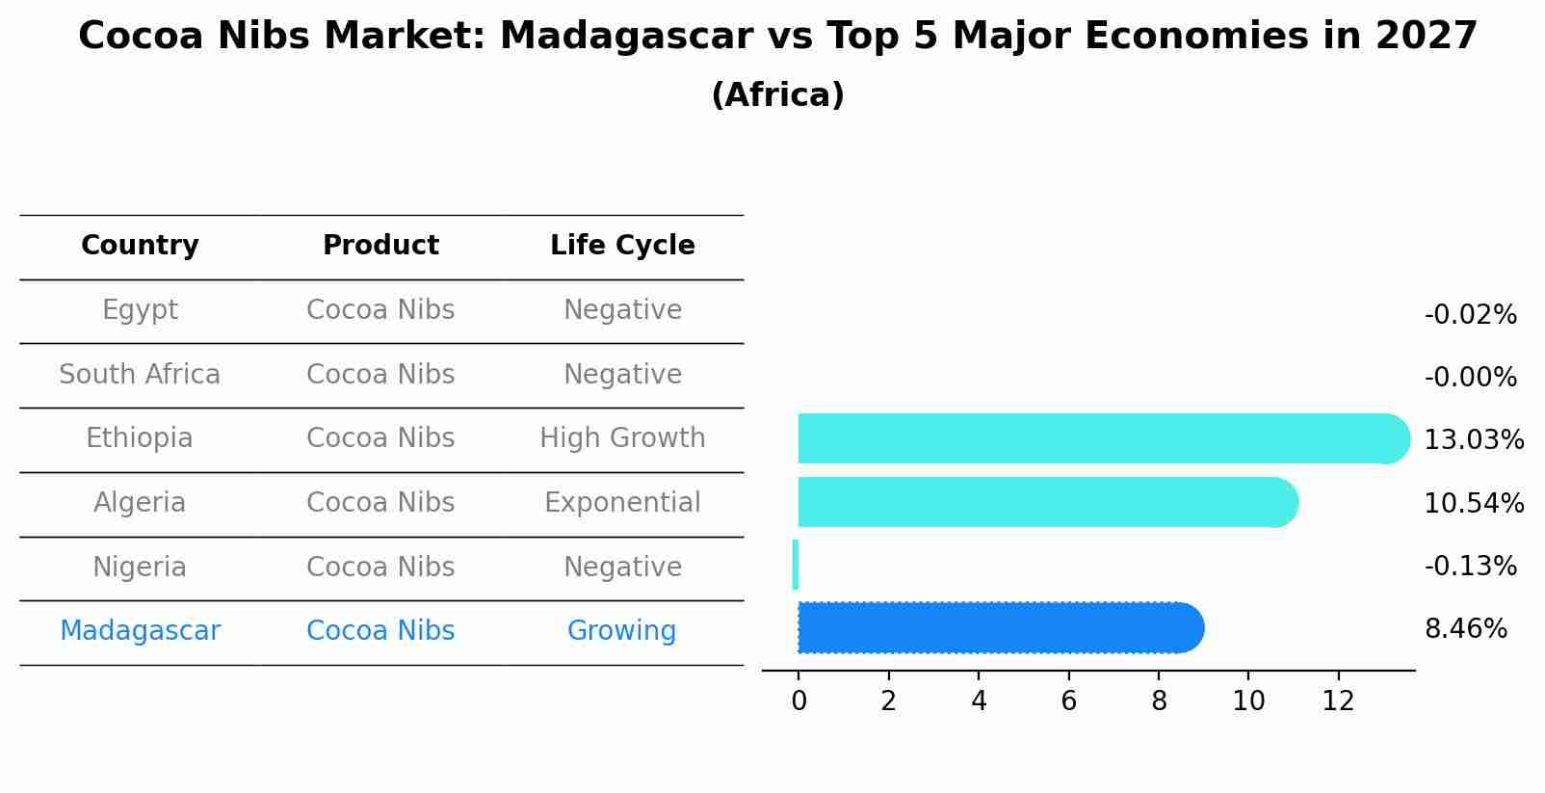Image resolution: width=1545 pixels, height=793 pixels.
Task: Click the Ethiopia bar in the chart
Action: point(1098,438)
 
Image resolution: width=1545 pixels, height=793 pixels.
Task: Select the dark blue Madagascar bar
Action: point(997,628)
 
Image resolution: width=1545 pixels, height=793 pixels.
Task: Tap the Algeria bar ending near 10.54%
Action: point(1045,502)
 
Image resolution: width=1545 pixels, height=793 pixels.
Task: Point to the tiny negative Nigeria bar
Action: point(796,565)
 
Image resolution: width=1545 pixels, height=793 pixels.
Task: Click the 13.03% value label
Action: point(1473,440)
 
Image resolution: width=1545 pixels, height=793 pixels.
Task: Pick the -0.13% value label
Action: point(1470,567)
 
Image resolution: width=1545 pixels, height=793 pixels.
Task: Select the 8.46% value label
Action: point(1465,629)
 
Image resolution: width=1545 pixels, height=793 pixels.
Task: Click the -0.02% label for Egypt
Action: point(1470,315)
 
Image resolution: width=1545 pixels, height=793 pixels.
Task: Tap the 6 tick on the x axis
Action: point(1068,701)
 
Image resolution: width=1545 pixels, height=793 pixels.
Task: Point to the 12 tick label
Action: point(1338,701)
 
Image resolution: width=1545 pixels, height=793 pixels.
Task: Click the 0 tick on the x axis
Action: point(799,701)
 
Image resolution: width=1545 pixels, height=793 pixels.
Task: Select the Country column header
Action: point(140,246)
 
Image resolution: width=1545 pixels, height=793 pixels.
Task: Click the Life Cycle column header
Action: point(622,246)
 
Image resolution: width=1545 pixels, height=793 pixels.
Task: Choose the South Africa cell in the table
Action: point(140,375)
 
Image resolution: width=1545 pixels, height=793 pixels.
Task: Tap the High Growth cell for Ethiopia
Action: point(622,438)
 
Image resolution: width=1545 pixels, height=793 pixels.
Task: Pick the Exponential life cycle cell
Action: point(622,503)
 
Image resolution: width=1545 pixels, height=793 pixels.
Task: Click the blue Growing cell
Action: point(621,631)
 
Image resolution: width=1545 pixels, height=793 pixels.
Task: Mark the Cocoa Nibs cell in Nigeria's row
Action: point(380,568)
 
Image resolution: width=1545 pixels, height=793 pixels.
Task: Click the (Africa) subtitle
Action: point(777,95)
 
